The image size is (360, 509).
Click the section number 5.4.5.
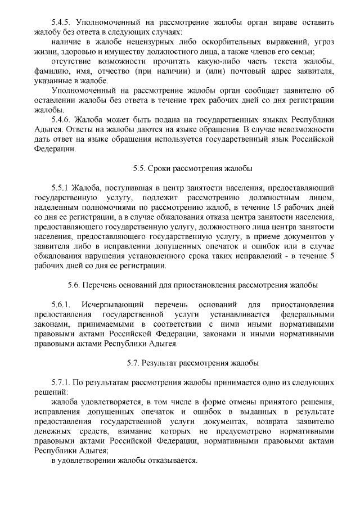(x=61, y=23)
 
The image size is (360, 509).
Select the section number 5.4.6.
(x=61, y=120)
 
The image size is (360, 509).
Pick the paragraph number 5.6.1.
(x=61, y=304)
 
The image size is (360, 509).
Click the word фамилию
(x=52, y=71)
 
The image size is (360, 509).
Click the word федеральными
(x=308, y=314)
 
